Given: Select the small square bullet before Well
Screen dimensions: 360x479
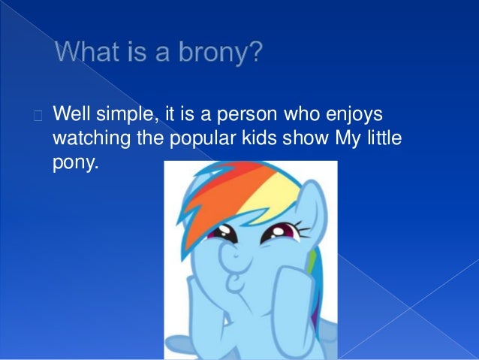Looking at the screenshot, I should click(x=38, y=116).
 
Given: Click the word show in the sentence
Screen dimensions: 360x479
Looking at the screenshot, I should click(x=286, y=140).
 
